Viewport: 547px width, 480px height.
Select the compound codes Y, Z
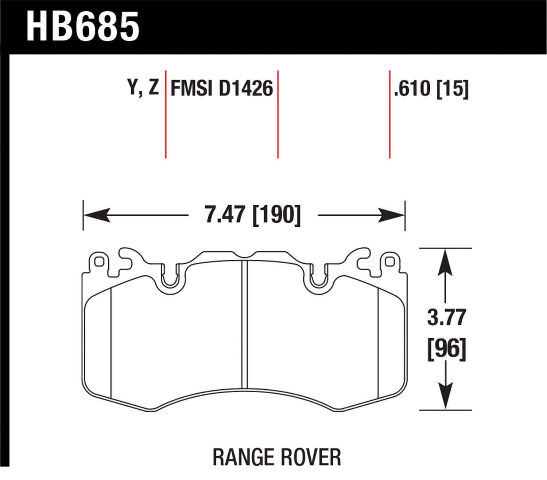(x=143, y=88)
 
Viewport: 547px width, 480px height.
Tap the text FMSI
(x=192, y=88)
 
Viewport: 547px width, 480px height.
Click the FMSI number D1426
(x=245, y=88)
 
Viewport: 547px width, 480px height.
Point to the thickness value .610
(x=412, y=88)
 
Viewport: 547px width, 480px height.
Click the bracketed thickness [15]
(x=453, y=88)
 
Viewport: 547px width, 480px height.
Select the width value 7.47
(x=224, y=215)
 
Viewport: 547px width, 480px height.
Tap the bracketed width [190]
(x=277, y=215)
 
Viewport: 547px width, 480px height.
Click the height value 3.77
(x=446, y=317)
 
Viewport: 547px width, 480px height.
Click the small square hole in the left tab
(x=98, y=262)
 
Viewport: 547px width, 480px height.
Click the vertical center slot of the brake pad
(x=245, y=324)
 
